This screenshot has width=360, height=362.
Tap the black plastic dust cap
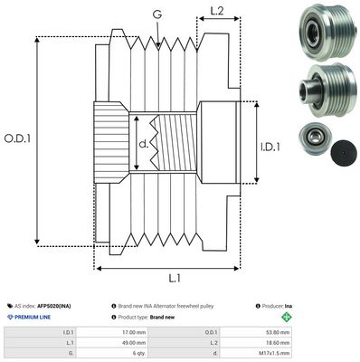point(342,152)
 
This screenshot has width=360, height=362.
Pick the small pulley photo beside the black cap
point(313,139)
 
